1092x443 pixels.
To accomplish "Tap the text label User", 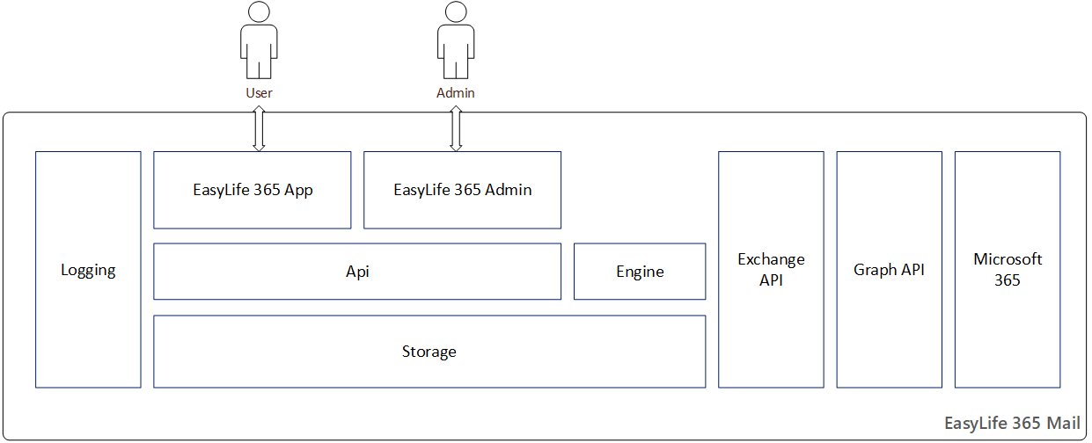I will click(x=259, y=92).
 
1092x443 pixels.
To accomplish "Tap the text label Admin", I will click(x=455, y=92).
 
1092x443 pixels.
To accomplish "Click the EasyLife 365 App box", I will click(x=253, y=190).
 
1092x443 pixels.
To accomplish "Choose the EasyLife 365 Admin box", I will click(x=462, y=190).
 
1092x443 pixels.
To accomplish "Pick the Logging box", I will click(x=88, y=270).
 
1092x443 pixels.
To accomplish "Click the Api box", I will click(x=357, y=272).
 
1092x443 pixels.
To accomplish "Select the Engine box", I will click(x=640, y=272).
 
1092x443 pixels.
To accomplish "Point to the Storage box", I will click(x=429, y=352).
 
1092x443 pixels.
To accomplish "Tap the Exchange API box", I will click(x=771, y=270).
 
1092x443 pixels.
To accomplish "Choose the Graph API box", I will click(x=889, y=270).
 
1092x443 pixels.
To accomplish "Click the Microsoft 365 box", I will click(x=1008, y=270).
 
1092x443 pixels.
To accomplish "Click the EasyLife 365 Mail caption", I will click(x=1012, y=423).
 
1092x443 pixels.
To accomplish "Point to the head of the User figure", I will click(x=259, y=12).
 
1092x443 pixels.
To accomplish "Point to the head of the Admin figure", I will click(x=455, y=12).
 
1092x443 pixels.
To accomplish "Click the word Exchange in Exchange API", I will click(x=771, y=259).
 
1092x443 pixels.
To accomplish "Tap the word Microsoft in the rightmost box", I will click(x=1008, y=259).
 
